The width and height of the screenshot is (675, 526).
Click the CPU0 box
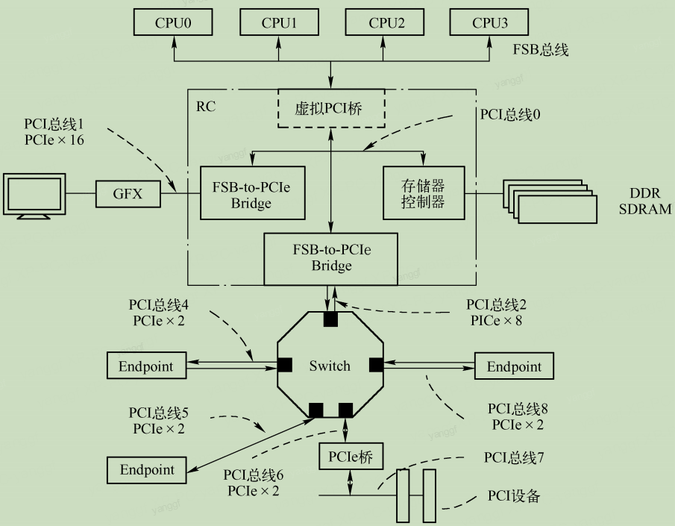174,23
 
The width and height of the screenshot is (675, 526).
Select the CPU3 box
490,23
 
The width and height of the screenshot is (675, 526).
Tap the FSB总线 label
541,51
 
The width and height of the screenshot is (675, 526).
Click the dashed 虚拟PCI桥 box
331,109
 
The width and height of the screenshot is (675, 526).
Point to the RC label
206,107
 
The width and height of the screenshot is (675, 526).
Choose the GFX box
128,195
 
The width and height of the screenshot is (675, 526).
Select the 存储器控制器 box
423,192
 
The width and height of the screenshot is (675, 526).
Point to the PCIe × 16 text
54,140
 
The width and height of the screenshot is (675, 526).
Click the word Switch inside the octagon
330,366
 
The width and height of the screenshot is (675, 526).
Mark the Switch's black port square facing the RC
330,319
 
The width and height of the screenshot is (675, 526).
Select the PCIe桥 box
346,456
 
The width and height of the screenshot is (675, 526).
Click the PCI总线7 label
514,457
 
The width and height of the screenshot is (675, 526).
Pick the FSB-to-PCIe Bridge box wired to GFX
253,193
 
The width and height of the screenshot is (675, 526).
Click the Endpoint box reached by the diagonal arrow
147,469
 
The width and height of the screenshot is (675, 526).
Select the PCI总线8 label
518,409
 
